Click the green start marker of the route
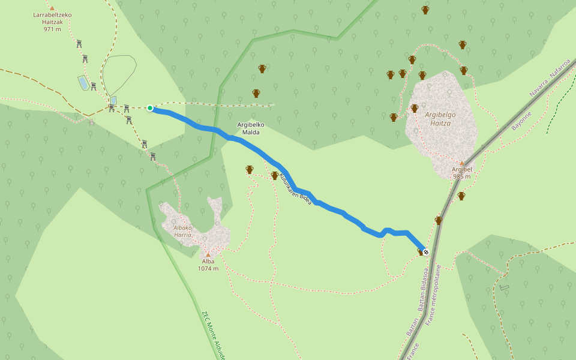[150, 108]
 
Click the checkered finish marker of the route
[426, 252]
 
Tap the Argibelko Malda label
[251, 128]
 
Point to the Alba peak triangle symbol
[208, 254]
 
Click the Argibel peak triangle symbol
[461, 163]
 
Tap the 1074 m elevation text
[208, 268]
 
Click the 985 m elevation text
[461, 176]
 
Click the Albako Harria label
[182, 231]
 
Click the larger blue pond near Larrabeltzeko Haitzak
[83, 83]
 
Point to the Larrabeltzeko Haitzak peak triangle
[52, 8]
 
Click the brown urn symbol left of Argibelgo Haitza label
[414, 109]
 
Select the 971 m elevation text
[52, 29]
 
